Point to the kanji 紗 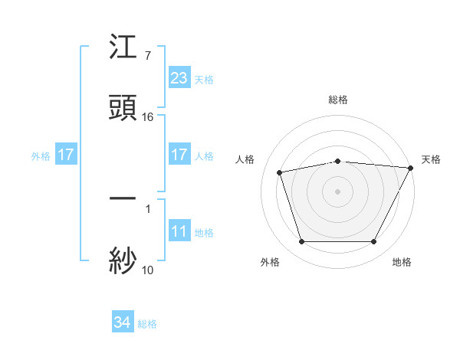(x=123, y=260)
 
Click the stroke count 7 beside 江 (x=147, y=56)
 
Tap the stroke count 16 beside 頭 (x=148, y=116)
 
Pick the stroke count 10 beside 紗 (x=148, y=269)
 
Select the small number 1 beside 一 (x=147, y=208)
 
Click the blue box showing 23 (x=179, y=78)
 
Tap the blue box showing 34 (x=123, y=323)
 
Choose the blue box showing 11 (x=179, y=231)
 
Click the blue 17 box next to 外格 (x=66, y=155)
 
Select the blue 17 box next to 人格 (x=179, y=155)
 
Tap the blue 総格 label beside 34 (x=147, y=324)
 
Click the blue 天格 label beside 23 (x=204, y=79)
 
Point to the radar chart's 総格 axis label (x=337, y=100)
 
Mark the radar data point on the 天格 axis (x=412, y=168)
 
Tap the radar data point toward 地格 (x=373, y=242)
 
